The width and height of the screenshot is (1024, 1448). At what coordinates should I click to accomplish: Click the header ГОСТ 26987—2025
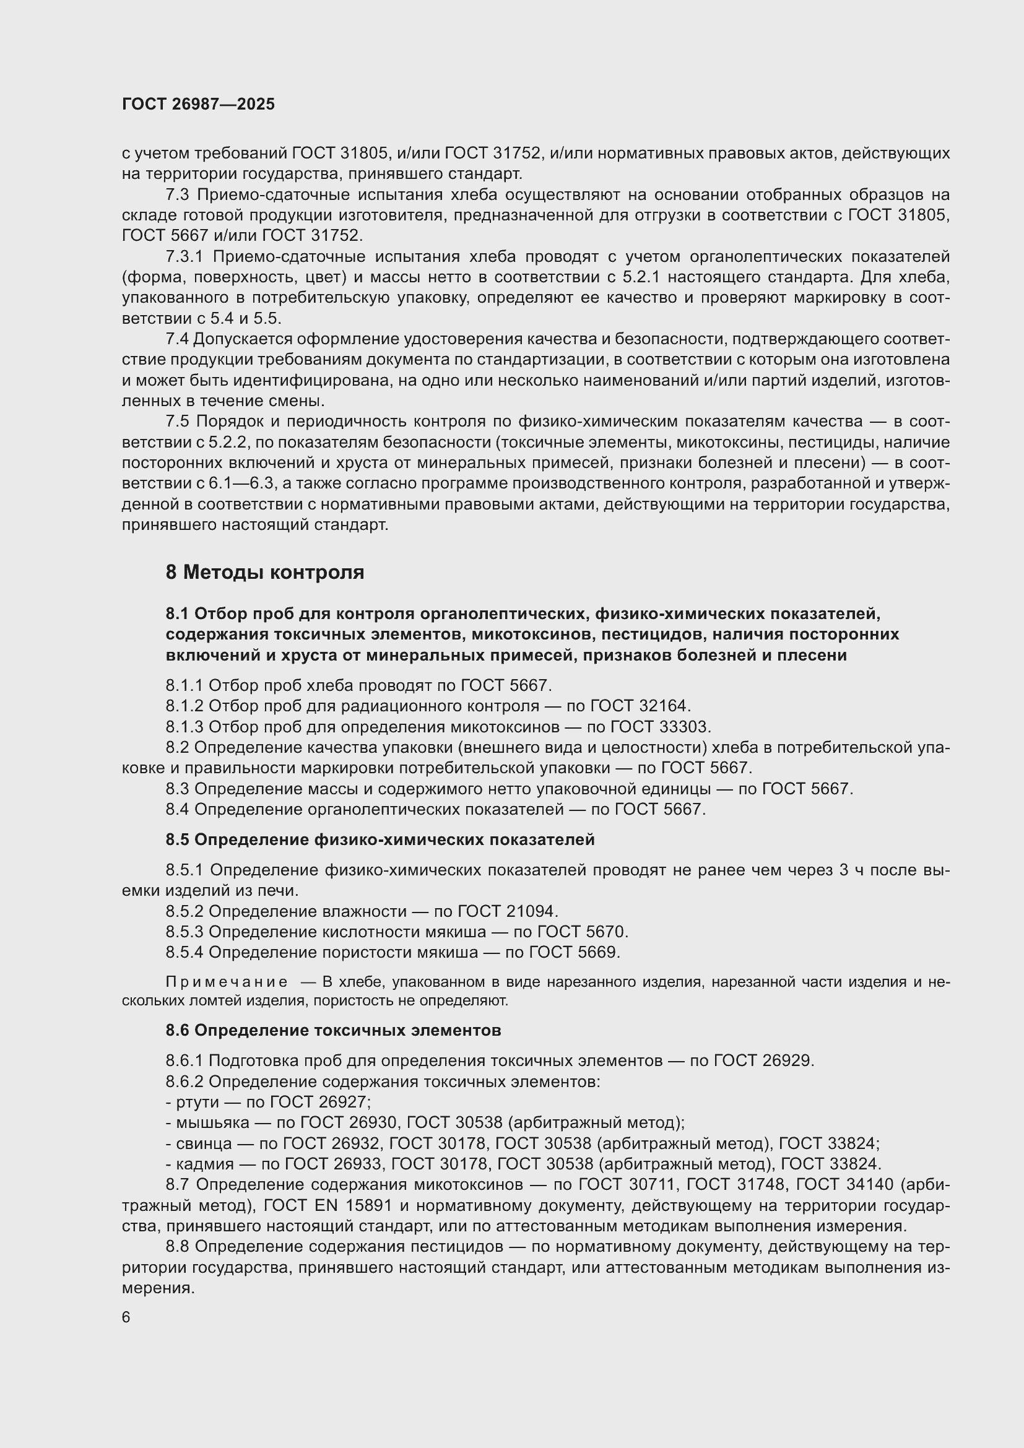tap(199, 104)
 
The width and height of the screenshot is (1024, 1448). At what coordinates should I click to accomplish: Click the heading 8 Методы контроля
tap(265, 573)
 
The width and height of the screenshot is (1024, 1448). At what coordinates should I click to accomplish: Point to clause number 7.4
tap(177, 339)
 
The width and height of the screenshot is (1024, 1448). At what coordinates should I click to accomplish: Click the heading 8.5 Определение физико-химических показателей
tap(380, 840)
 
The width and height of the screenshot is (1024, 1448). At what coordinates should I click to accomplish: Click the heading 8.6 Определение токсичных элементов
tap(333, 1031)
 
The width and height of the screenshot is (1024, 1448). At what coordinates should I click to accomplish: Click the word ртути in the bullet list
tap(197, 1103)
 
